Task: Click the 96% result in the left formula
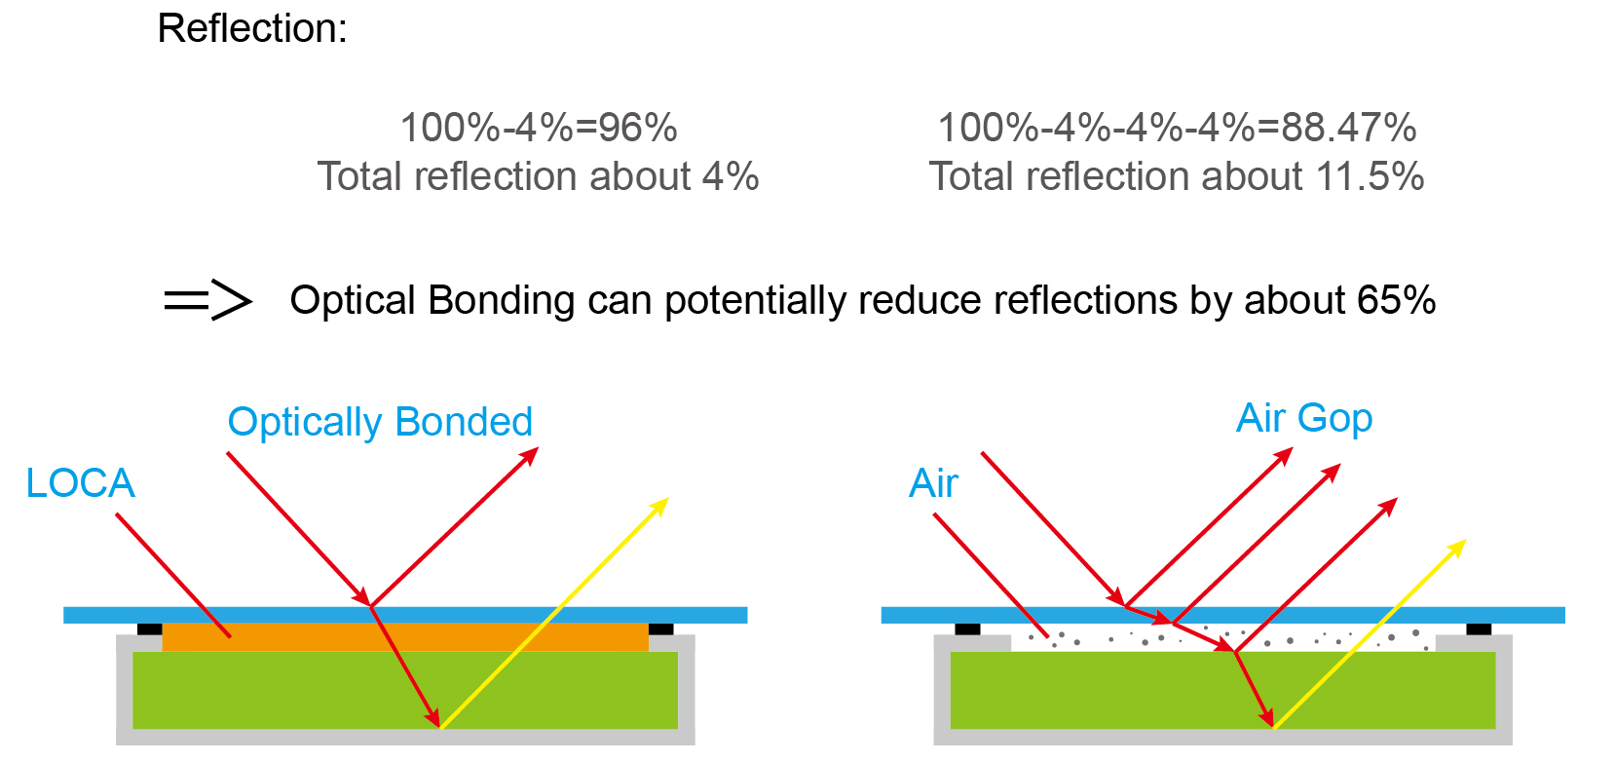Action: [x=638, y=128]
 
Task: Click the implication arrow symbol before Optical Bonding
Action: [x=208, y=300]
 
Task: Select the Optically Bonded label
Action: [x=380, y=422]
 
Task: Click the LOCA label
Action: [x=80, y=483]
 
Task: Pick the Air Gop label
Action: [x=1304, y=418]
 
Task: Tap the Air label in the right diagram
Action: [x=933, y=483]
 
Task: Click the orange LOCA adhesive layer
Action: [x=405, y=637]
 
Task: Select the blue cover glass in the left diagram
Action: [x=405, y=615]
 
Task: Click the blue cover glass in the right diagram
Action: [x=1222, y=615]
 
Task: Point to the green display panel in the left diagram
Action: [x=405, y=690]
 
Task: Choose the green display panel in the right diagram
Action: [x=1222, y=690]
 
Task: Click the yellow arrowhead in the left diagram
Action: [x=659, y=507]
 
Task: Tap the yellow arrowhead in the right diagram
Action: [x=1456, y=549]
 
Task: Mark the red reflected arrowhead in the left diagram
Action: [x=529, y=457]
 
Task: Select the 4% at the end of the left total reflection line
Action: [x=731, y=176]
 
